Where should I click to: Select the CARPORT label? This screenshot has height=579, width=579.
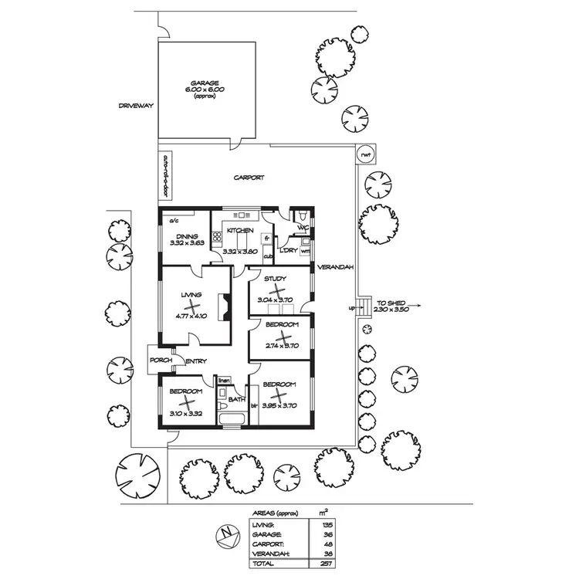(249, 178)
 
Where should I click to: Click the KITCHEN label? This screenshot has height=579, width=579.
(240, 230)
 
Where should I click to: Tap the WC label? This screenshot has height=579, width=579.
(303, 228)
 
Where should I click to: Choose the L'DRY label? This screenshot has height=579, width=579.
(289, 251)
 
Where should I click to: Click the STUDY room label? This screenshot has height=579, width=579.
(275, 278)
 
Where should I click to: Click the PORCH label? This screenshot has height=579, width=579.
(161, 360)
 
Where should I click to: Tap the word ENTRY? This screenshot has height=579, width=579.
(195, 361)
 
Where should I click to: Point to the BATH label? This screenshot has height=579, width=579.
(236, 399)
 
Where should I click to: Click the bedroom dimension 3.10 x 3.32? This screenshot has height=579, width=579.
(185, 414)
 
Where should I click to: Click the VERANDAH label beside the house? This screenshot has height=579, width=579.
(334, 267)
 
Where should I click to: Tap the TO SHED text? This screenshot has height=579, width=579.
(392, 302)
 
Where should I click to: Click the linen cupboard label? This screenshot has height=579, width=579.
(225, 381)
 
